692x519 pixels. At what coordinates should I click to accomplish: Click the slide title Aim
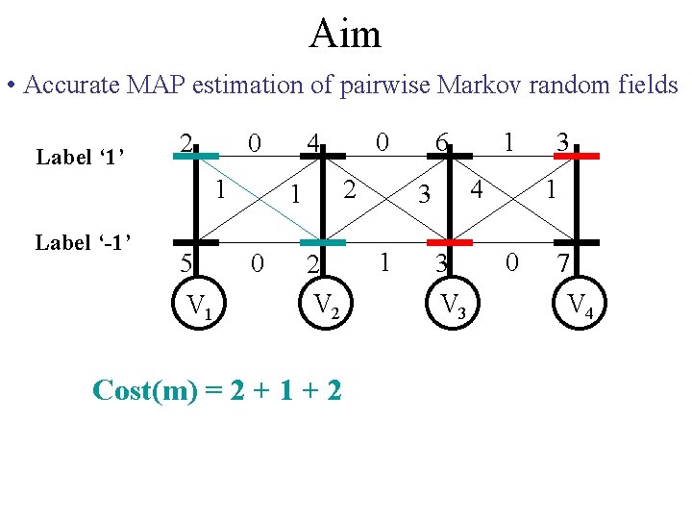click(x=346, y=34)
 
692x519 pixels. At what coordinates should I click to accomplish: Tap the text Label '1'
click(x=83, y=156)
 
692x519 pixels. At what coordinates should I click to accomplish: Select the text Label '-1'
click(x=83, y=242)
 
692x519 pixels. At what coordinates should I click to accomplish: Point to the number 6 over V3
click(x=441, y=144)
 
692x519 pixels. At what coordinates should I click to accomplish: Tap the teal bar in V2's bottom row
click(x=321, y=242)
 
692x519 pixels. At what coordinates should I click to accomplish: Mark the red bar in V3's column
click(x=450, y=242)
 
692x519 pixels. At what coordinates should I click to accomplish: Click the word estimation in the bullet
click(x=239, y=85)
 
